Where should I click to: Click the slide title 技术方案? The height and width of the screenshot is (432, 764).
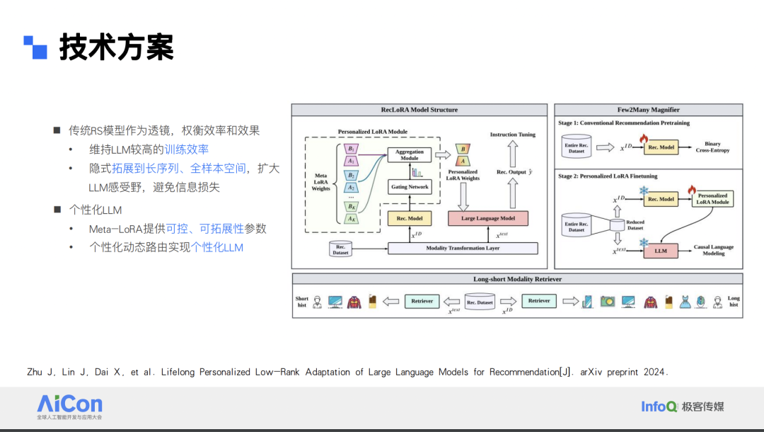(117, 47)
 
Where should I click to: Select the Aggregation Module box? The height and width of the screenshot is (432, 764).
(410, 155)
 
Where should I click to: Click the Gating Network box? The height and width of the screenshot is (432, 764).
(410, 187)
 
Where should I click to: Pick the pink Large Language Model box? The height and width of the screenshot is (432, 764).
(488, 218)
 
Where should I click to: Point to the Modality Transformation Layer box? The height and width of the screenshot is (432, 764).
(463, 249)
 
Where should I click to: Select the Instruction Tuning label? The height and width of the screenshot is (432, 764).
(513, 135)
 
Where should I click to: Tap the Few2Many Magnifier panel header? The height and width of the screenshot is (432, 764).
(648, 110)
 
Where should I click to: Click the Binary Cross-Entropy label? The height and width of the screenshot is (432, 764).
(712, 147)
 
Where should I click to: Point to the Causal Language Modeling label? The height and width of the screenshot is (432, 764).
(713, 250)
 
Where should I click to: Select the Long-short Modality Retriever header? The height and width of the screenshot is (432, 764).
(517, 279)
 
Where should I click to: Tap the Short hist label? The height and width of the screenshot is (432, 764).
(302, 302)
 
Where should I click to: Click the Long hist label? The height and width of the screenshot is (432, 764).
(734, 302)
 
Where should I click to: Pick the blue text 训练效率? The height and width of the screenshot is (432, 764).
(187, 149)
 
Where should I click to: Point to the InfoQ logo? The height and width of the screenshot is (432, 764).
(659, 406)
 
